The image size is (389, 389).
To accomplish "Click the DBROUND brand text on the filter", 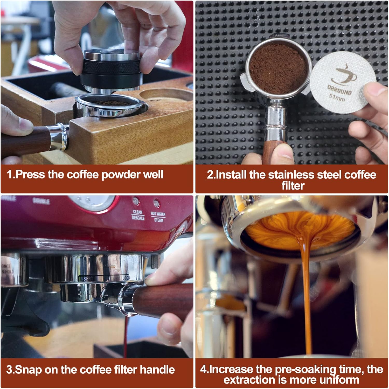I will [x=339, y=90].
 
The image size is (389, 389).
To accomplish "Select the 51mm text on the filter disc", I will [x=337, y=98].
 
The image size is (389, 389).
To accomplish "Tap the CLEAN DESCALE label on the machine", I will [x=138, y=215].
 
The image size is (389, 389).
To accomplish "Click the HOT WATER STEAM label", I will [x=158, y=217].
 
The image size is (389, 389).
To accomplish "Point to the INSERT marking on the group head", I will [x=86, y=279].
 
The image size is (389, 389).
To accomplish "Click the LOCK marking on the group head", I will [x=126, y=278].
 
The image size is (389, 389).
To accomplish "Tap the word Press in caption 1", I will [x=30, y=175].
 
